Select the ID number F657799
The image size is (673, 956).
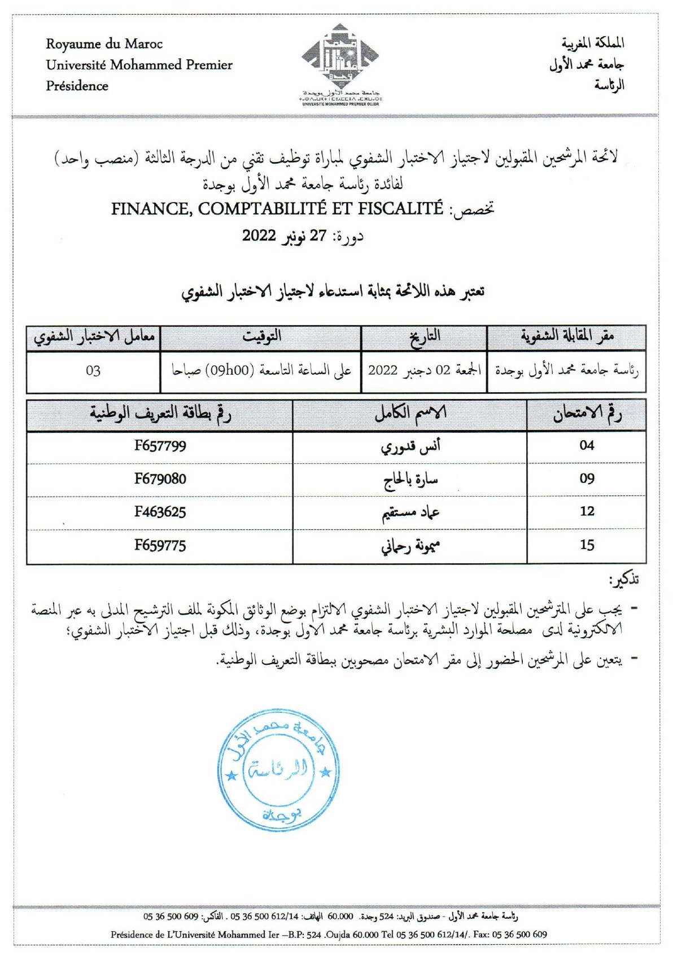click(x=160, y=446)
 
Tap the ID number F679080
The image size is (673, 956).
click(x=160, y=479)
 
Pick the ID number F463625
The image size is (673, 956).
click(x=160, y=512)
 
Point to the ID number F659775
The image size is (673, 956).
click(x=160, y=545)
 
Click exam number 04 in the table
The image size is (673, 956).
click(x=587, y=446)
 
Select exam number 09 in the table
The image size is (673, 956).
click(x=587, y=479)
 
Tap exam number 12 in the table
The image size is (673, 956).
click(x=587, y=512)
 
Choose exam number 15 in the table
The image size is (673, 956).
click(x=587, y=545)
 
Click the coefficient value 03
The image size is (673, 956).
click(x=93, y=371)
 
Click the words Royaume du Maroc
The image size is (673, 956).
click(x=104, y=44)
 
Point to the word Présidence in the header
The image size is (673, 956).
click(x=77, y=86)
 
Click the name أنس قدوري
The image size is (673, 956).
click(x=410, y=446)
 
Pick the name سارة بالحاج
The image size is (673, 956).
click(x=410, y=480)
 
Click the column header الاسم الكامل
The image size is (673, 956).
click(x=410, y=413)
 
